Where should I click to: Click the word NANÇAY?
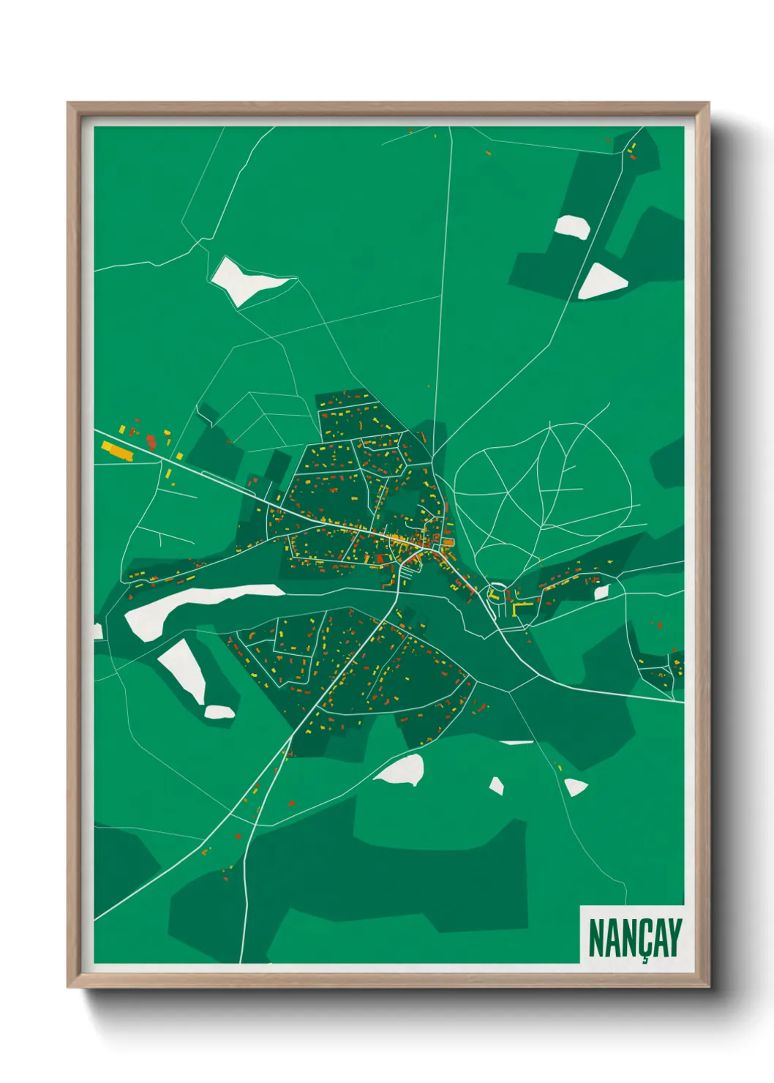634,937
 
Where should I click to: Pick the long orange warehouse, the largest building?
118,450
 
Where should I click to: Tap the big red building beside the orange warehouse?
151,441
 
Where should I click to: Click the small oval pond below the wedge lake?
219,711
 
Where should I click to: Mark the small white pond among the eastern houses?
601,592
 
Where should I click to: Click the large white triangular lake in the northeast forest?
601,282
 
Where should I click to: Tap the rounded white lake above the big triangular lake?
572,228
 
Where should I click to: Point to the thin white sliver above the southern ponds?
517,743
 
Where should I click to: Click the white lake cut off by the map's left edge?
98,631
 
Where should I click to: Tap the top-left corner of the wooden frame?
69,105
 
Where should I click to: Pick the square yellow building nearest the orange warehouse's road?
179,457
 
